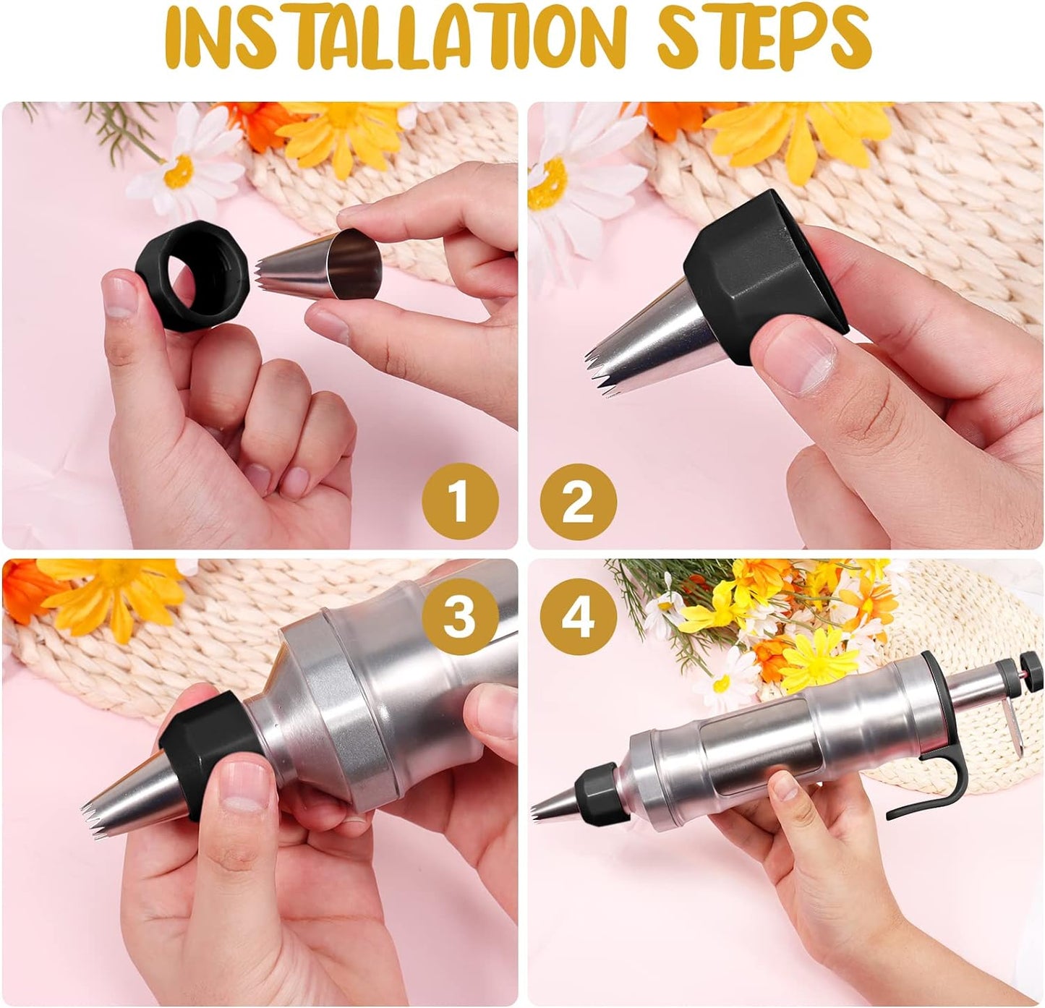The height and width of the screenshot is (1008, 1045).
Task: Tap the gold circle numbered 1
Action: (x=461, y=501)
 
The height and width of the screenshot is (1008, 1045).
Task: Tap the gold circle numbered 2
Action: (x=578, y=501)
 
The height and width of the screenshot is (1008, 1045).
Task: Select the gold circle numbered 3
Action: (x=461, y=618)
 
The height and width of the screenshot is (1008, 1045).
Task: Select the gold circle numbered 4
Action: (x=578, y=618)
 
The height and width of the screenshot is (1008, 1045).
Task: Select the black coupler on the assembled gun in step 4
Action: (x=594, y=792)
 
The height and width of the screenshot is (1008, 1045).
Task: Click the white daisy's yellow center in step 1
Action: (x=179, y=170)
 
